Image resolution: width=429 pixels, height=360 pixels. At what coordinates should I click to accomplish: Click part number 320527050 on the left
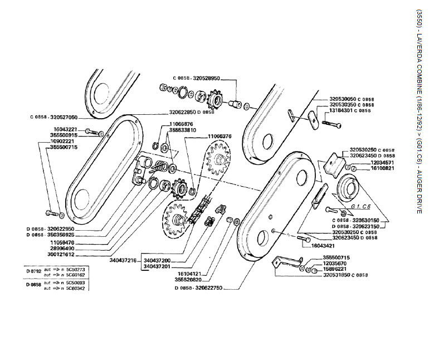64,117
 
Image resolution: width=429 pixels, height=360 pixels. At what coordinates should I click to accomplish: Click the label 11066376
220,135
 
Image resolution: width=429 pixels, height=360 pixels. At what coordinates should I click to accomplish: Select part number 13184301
342,111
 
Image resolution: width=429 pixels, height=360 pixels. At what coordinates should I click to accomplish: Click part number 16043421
323,245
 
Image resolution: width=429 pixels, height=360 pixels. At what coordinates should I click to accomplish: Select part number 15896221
335,269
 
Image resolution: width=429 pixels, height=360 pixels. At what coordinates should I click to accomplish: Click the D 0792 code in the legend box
33,270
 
